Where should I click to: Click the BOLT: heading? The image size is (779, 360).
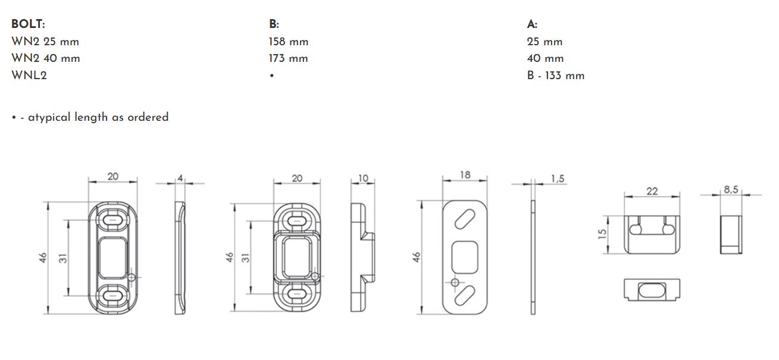[28, 24]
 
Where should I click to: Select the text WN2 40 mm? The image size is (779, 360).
[46, 58]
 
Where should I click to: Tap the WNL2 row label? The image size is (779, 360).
[29, 75]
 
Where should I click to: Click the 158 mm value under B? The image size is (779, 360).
[289, 42]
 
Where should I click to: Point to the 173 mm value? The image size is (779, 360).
[289, 58]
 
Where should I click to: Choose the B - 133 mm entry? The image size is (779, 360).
[556, 76]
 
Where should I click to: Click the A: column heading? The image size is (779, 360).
[532, 24]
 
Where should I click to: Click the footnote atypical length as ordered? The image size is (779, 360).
[98, 117]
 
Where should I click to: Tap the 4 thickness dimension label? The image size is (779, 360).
[180, 178]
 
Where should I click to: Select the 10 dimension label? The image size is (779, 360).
[363, 178]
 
